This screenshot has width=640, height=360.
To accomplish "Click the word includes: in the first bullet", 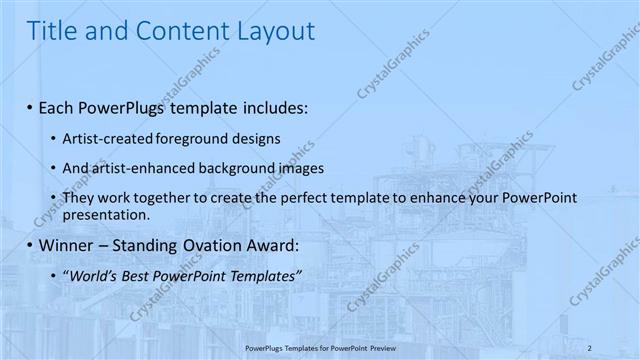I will pos(269,106).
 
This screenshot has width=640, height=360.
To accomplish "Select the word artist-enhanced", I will pos(137,168).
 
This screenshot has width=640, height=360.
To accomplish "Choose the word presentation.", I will pos(106,214).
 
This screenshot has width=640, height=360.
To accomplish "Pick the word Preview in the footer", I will pos(382,348).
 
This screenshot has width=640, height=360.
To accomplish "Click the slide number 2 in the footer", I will pos(590,348).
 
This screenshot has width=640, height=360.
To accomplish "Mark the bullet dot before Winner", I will pos(30,245).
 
